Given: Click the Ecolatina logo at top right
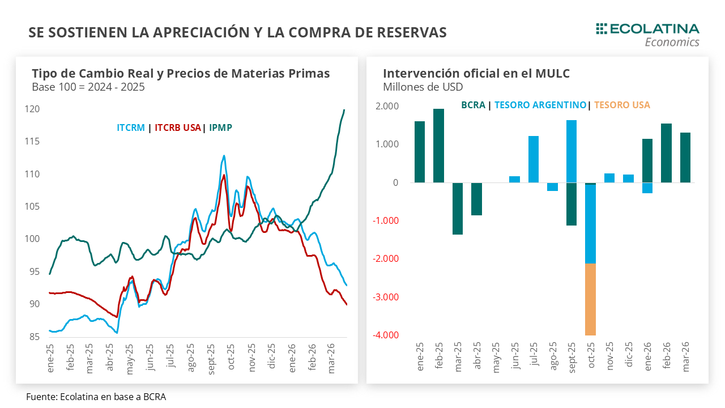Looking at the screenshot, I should point(647,34).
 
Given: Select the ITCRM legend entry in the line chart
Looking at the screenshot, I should point(131,127).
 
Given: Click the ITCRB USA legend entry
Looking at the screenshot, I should point(178,127).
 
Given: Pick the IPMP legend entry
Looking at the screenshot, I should point(220,127).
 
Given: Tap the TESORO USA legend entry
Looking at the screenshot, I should point(622,105).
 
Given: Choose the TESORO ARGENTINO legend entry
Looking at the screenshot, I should point(540,105).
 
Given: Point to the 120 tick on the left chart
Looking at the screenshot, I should point(33,109).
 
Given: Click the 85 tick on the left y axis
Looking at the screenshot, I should point(35,337).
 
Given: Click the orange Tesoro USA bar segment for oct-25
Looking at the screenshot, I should point(590,299).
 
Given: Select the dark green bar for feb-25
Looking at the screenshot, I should point(438,146).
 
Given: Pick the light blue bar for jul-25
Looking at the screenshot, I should point(534,159).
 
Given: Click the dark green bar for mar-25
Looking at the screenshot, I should point(458,209).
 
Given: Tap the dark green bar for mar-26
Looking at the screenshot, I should point(685,158).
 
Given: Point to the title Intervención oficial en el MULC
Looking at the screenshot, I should point(476,73).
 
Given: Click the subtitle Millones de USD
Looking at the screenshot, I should point(423,87).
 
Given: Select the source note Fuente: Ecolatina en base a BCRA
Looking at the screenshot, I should point(96,397).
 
